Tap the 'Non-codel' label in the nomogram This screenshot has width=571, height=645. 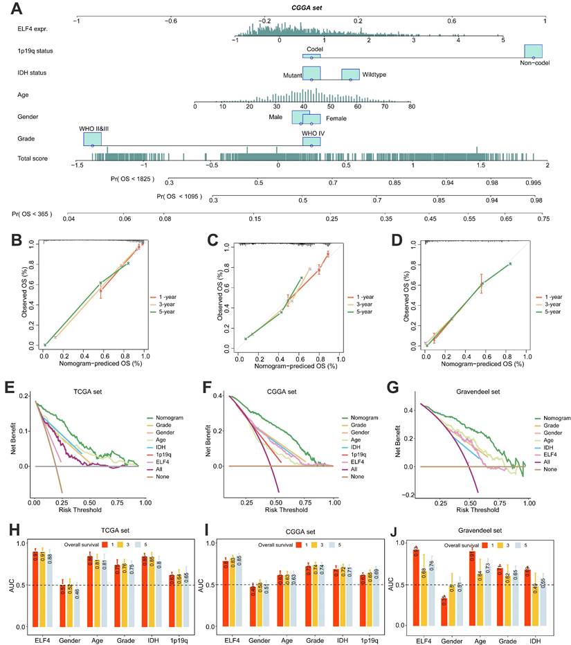pos(534,63)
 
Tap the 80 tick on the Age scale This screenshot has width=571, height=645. pos(412,106)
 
